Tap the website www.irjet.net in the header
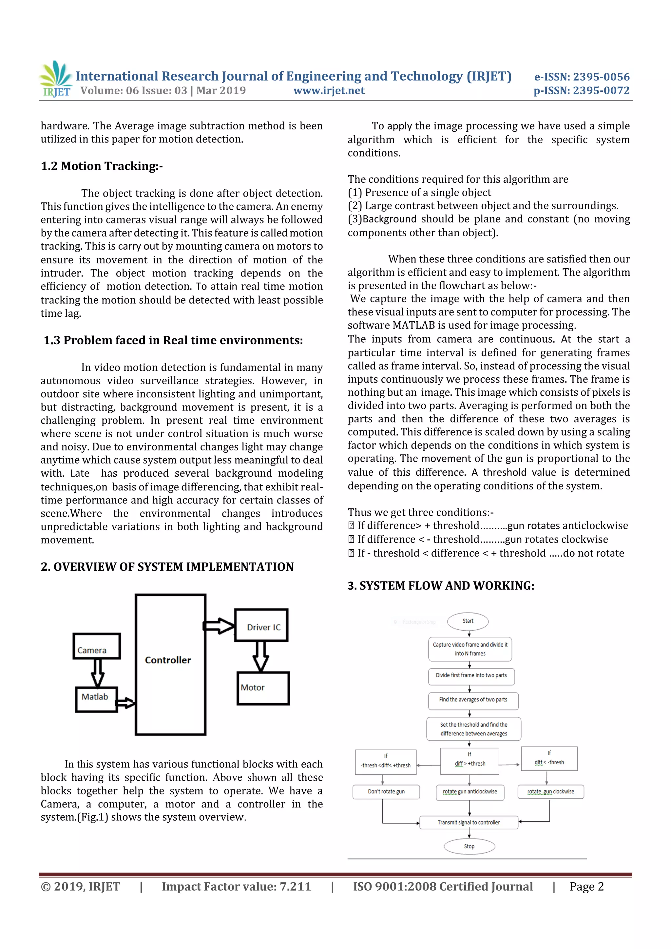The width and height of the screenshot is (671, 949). [x=329, y=90]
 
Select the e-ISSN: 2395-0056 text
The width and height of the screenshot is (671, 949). [x=582, y=77]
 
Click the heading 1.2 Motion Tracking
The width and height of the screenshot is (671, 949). [x=102, y=166]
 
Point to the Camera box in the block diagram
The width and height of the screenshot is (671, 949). [x=96, y=646]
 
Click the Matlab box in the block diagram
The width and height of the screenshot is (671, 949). [x=96, y=699]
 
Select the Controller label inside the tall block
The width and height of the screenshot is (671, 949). [x=168, y=660]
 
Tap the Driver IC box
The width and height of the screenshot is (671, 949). [x=261, y=625]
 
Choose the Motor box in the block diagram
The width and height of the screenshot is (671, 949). [x=263, y=688]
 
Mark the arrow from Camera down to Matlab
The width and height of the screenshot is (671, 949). [x=98, y=673]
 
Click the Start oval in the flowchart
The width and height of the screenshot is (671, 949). [x=468, y=621]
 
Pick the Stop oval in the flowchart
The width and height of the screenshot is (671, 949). [x=469, y=846]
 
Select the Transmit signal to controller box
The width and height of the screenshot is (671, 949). [x=469, y=822]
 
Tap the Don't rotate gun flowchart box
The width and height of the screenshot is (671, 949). [x=386, y=791]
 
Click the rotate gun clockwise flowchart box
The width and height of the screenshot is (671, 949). [x=550, y=791]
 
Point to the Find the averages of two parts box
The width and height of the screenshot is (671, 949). [x=473, y=700]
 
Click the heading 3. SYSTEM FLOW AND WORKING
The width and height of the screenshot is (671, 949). [x=441, y=586]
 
